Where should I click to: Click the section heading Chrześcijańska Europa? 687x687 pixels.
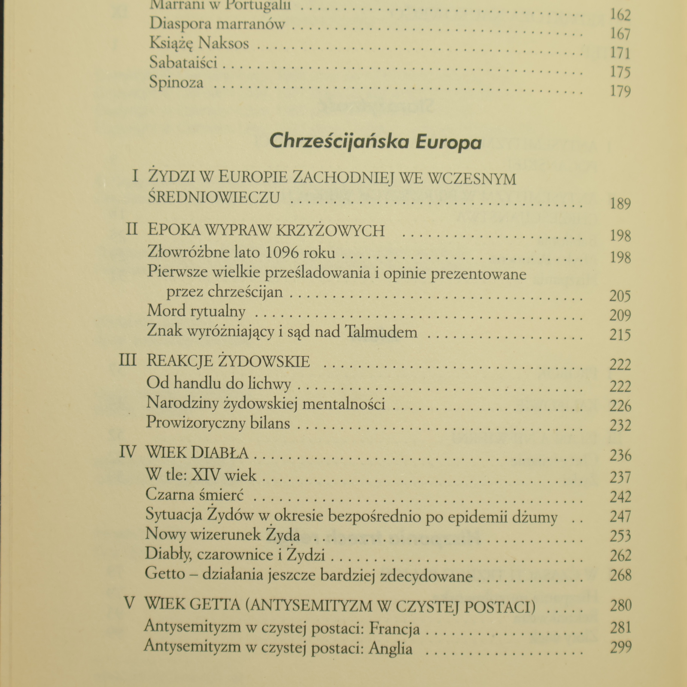(x=375, y=141)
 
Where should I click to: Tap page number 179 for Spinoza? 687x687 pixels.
(x=620, y=91)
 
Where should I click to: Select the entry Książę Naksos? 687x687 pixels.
(x=199, y=43)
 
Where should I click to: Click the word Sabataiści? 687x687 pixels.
(x=183, y=63)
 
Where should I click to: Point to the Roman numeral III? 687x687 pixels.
(x=128, y=360)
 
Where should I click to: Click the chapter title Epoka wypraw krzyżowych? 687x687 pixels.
(x=266, y=231)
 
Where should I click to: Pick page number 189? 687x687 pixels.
(x=620, y=203)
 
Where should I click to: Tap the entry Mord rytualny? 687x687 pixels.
(x=196, y=311)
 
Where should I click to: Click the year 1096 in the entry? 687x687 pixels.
(x=282, y=252)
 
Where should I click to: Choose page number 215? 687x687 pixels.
(x=620, y=334)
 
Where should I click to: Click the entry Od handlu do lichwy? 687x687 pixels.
(x=219, y=383)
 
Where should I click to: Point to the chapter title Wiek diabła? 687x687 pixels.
(x=197, y=453)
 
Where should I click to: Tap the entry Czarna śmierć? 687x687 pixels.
(x=195, y=495)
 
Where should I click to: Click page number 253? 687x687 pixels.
(x=620, y=536)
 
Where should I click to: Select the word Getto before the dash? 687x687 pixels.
(x=165, y=574)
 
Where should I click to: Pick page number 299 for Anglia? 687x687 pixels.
(x=620, y=647)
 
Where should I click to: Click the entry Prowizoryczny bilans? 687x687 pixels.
(x=218, y=423)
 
